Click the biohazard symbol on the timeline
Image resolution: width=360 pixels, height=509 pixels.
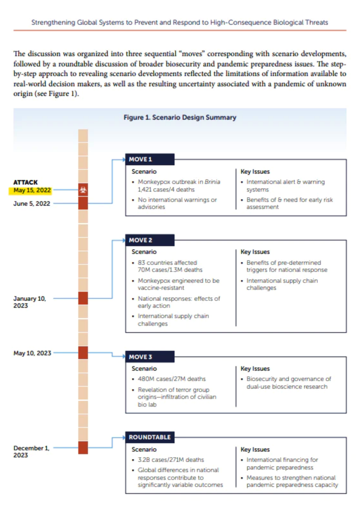(x=83, y=190)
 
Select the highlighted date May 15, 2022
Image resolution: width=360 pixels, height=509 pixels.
(x=32, y=190)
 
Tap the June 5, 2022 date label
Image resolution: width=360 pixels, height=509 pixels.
(x=32, y=203)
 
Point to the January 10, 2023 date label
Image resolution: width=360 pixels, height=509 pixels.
(x=30, y=302)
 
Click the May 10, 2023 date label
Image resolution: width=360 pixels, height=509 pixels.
(x=32, y=353)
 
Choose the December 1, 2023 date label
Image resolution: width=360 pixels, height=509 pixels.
(x=31, y=451)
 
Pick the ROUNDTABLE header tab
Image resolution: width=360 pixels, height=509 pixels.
(x=150, y=437)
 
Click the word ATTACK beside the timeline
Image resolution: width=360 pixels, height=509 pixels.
(x=25, y=182)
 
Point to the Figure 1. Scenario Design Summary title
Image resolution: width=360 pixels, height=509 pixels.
(x=180, y=117)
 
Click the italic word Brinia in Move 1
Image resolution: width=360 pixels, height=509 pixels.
(x=212, y=182)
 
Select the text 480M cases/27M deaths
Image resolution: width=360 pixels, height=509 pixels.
(x=172, y=379)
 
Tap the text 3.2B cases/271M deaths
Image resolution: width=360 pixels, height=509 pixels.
(x=171, y=460)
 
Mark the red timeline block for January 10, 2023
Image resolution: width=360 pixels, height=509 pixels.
(x=83, y=298)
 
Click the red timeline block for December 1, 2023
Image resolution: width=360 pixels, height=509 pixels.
(x=83, y=447)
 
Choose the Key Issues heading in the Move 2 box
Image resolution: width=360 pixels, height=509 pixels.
(x=255, y=252)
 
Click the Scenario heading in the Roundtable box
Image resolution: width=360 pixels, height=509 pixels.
(x=144, y=449)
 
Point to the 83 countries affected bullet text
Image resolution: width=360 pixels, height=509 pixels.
(x=167, y=263)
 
